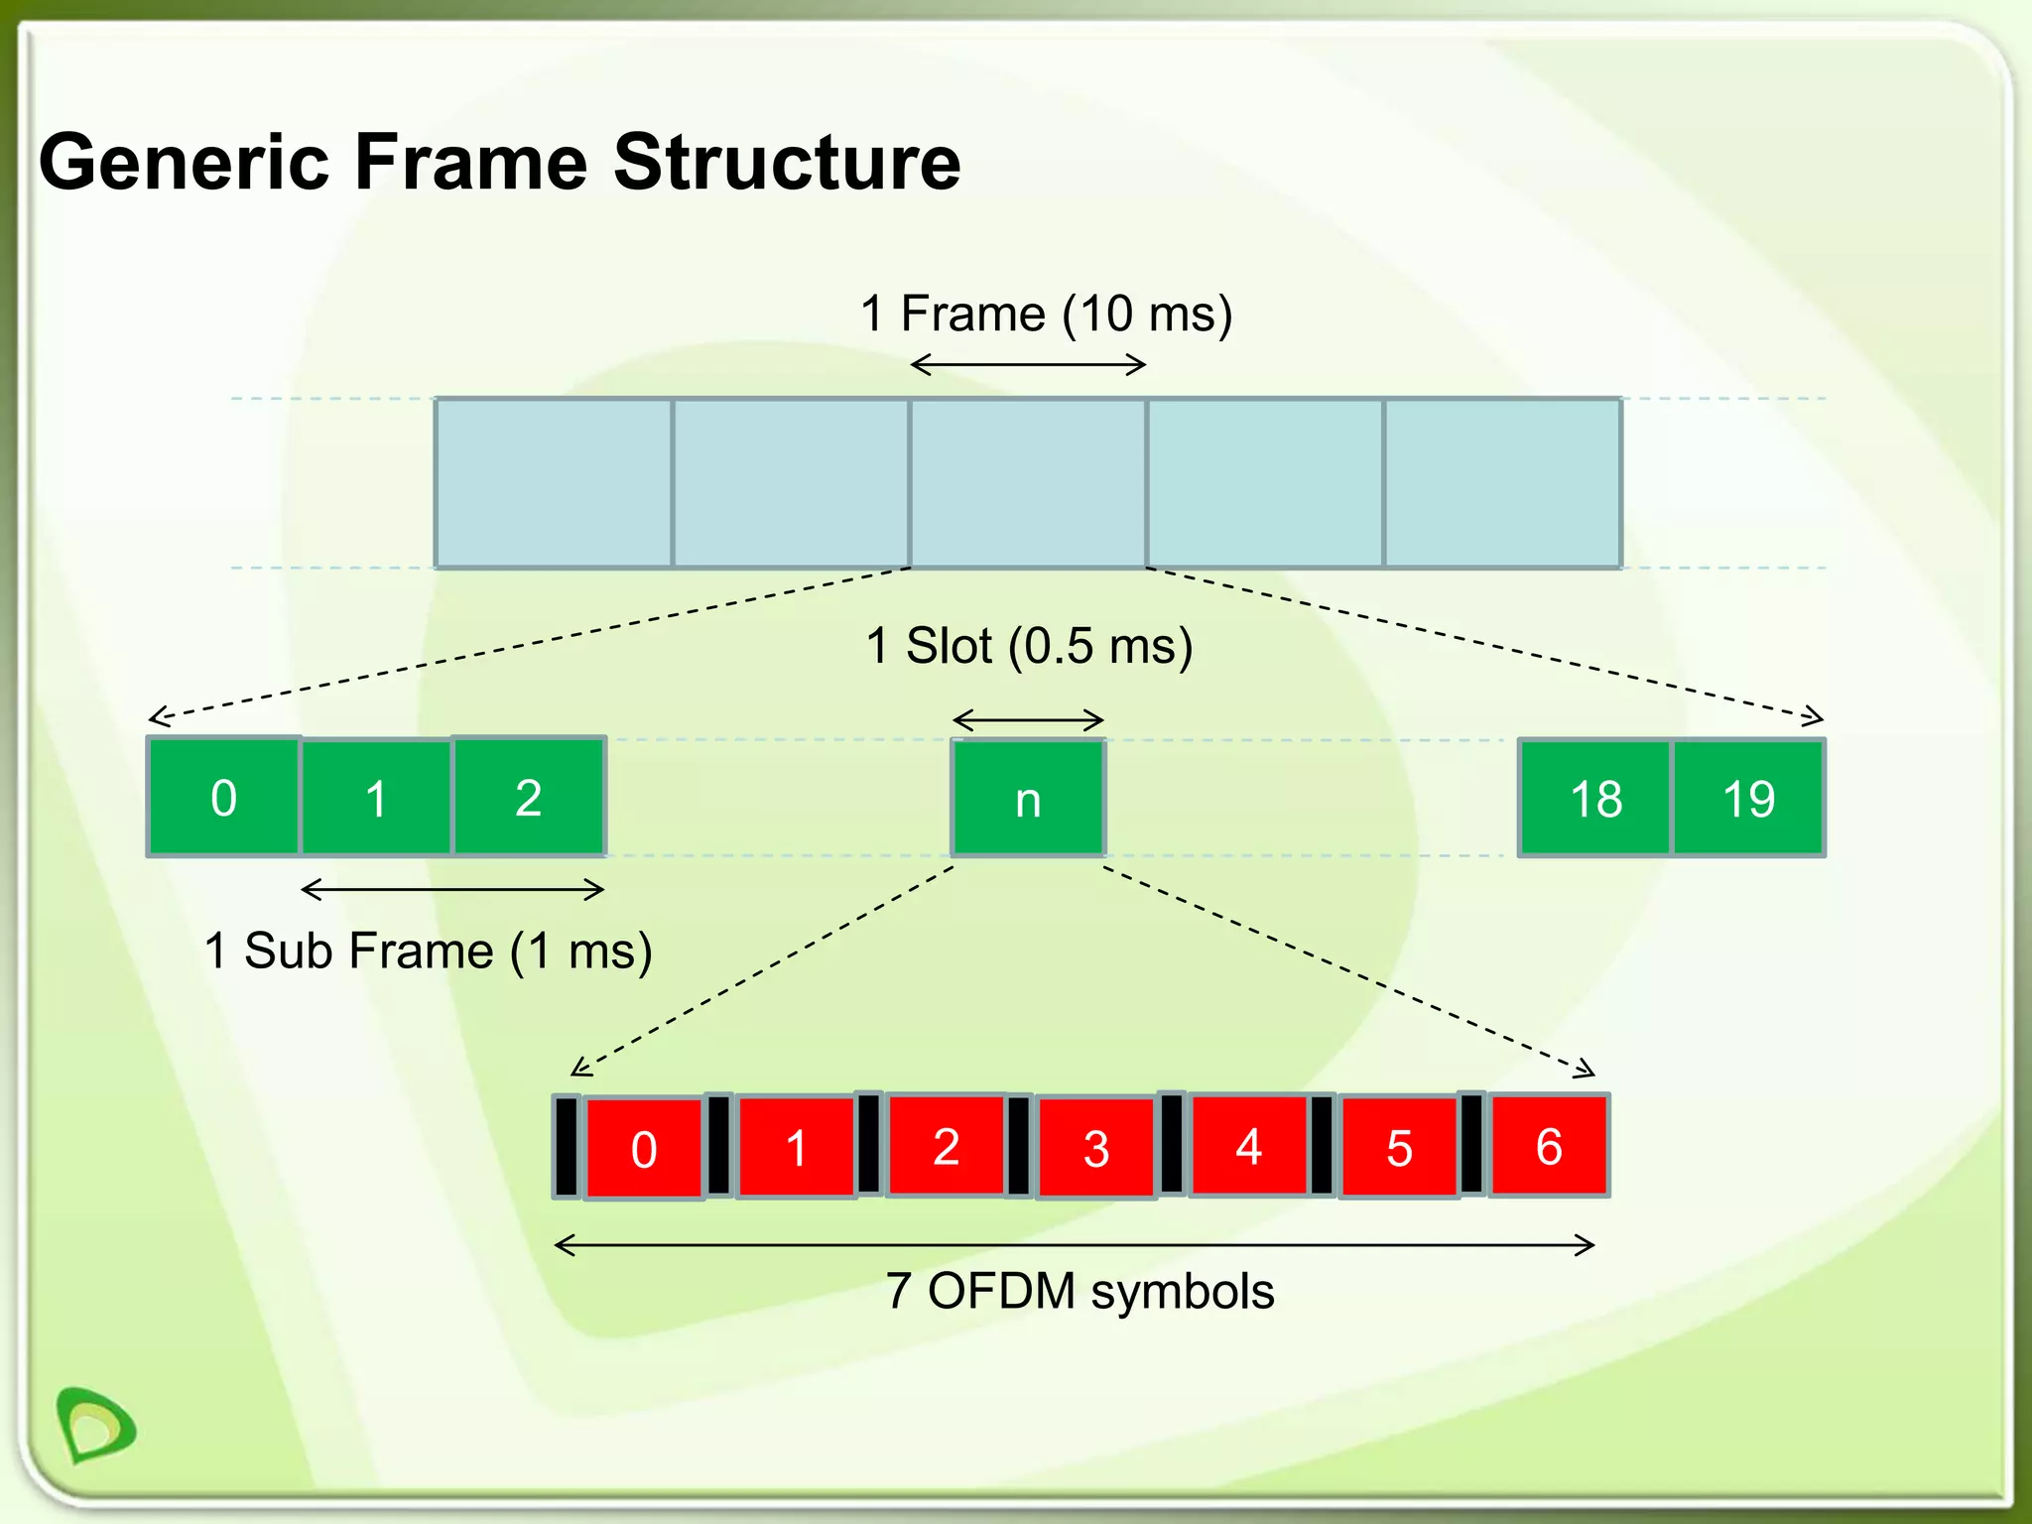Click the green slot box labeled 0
[x=223, y=797]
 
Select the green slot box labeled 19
[x=1748, y=798]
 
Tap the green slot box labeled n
[x=1028, y=798]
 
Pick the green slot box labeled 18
[x=1595, y=798]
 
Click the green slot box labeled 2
[x=528, y=797]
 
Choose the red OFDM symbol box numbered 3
[x=1095, y=1148]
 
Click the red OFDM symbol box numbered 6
[x=1548, y=1146]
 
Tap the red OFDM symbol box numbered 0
[x=643, y=1148]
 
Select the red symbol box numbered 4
[x=1248, y=1146]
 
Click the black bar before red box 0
[x=567, y=1146]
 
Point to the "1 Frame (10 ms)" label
[x=1046, y=314]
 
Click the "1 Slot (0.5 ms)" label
[x=1029, y=646]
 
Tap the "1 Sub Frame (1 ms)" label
[x=428, y=951]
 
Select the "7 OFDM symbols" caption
[x=1079, y=1291]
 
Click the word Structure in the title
[x=787, y=162]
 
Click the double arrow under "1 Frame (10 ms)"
[x=1028, y=365]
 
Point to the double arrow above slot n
[x=1028, y=719]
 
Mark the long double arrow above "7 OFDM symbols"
[x=1074, y=1245]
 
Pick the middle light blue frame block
[x=1028, y=483]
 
